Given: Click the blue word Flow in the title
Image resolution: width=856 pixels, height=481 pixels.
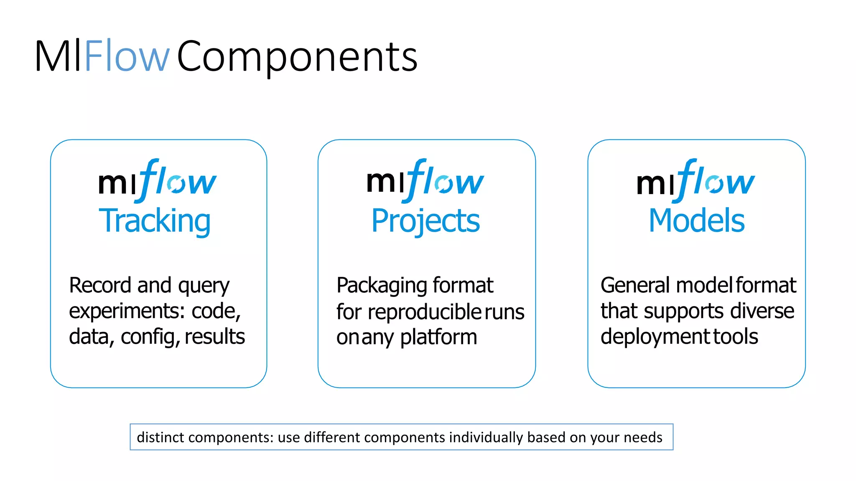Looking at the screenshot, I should click(x=127, y=56).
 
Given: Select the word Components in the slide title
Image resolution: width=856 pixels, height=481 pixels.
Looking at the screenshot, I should click(x=297, y=57).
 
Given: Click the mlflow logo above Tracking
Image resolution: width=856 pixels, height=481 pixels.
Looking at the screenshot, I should click(x=157, y=180).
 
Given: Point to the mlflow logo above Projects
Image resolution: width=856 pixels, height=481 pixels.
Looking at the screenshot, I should click(x=425, y=180).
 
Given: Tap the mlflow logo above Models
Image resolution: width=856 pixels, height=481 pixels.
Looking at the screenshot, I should click(x=695, y=180).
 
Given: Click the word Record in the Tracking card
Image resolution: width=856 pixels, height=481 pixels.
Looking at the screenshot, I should click(x=100, y=286).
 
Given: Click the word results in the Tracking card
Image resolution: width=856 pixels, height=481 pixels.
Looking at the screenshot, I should click(x=214, y=337).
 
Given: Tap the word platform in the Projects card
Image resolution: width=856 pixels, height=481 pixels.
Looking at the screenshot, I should click(x=438, y=337).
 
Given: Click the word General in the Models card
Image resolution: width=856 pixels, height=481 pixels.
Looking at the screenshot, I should click(x=636, y=286).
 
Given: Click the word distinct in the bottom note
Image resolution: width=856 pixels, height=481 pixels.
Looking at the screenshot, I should click(x=160, y=437).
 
